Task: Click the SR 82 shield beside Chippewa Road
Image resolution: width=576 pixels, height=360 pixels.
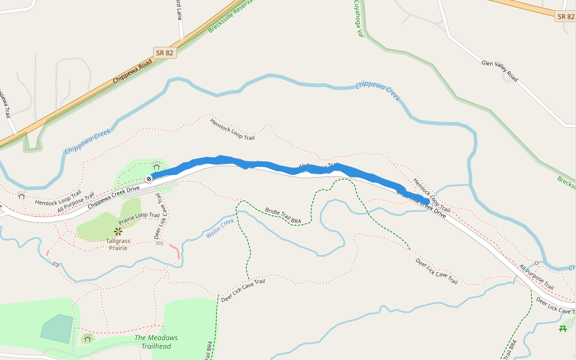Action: (x=164, y=53)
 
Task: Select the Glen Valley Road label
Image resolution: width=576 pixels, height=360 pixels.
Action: (x=499, y=70)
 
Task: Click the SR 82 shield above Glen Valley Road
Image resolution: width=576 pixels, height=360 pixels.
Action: (x=565, y=16)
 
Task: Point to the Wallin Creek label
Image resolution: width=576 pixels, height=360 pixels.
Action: (x=220, y=229)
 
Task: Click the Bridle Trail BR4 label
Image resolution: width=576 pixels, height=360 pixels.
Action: (x=283, y=216)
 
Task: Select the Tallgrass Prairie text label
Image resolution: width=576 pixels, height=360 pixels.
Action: (x=118, y=244)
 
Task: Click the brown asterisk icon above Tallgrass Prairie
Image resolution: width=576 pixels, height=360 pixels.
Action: (x=118, y=231)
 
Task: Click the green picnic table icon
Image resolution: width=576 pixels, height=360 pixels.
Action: (x=563, y=328)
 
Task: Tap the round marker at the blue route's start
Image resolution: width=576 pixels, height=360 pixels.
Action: (x=149, y=178)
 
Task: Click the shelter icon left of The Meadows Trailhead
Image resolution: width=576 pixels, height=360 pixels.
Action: (x=88, y=339)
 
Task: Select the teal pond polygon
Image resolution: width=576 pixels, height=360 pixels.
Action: (x=56, y=328)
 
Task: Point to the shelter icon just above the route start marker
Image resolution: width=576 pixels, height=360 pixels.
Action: (x=157, y=166)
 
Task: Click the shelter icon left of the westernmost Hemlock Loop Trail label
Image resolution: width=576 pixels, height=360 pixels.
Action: (x=22, y=196)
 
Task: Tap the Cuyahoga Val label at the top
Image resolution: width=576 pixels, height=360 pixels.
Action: (x=359, y=18)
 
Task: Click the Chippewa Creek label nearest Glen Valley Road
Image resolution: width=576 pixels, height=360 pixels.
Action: (x=377, y=91)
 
